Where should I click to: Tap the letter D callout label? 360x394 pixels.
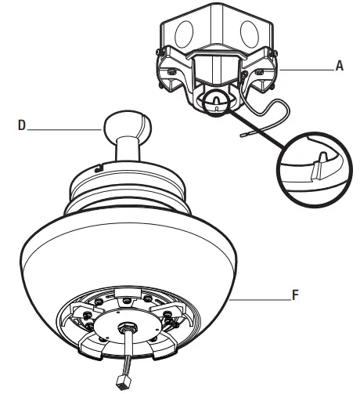coord(21,124)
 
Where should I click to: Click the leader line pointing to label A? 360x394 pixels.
coord(309,68)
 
